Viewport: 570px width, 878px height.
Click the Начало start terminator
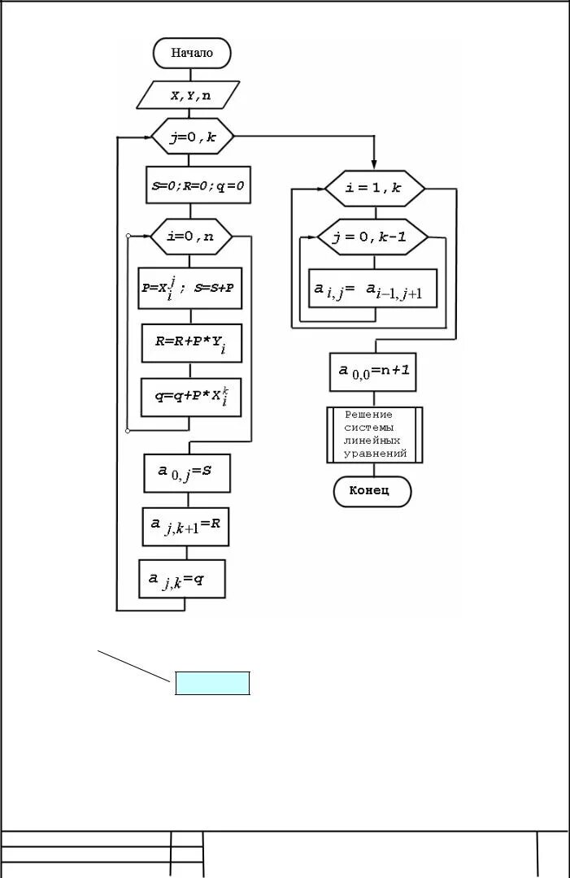(192, 53)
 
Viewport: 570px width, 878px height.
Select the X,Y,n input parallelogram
(189, 95)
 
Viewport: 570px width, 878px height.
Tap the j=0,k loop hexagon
(193, 138)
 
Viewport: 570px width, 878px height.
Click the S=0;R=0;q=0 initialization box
(198, 186)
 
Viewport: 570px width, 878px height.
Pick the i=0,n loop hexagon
(191, 237)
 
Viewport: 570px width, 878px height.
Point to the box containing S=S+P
(190, 289)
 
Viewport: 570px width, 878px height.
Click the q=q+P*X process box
(191, 397)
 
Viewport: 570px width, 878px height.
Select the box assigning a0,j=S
(188, 472)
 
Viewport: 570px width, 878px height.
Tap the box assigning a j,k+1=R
(185, 526)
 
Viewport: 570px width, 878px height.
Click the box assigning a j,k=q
(182, 580)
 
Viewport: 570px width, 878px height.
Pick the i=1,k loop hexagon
(374, 188)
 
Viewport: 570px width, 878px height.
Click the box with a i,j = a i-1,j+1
(373, 288)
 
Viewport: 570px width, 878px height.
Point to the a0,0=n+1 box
(373, 372)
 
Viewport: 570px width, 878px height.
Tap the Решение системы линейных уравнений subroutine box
(375, 435)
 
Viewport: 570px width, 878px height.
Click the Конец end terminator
(372, 491)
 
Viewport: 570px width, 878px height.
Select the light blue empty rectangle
(212, 684)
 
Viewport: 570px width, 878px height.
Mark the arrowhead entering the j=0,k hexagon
(146, 138)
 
